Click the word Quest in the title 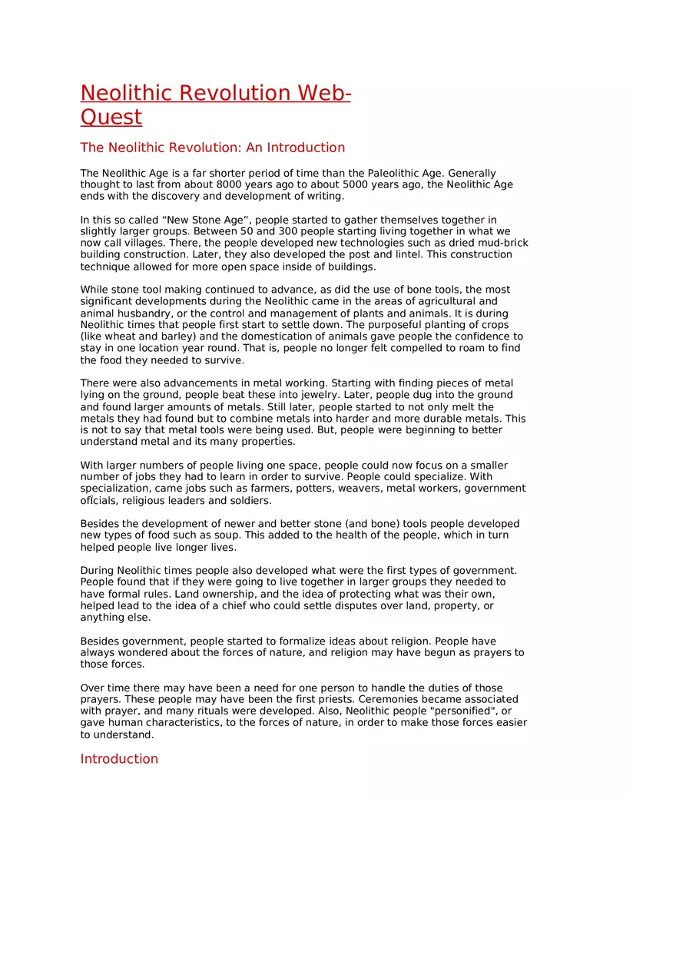point(111,117)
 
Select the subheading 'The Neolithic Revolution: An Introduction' point(213,148)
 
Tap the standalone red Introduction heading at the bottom point(119,759)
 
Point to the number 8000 point(230,185)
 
